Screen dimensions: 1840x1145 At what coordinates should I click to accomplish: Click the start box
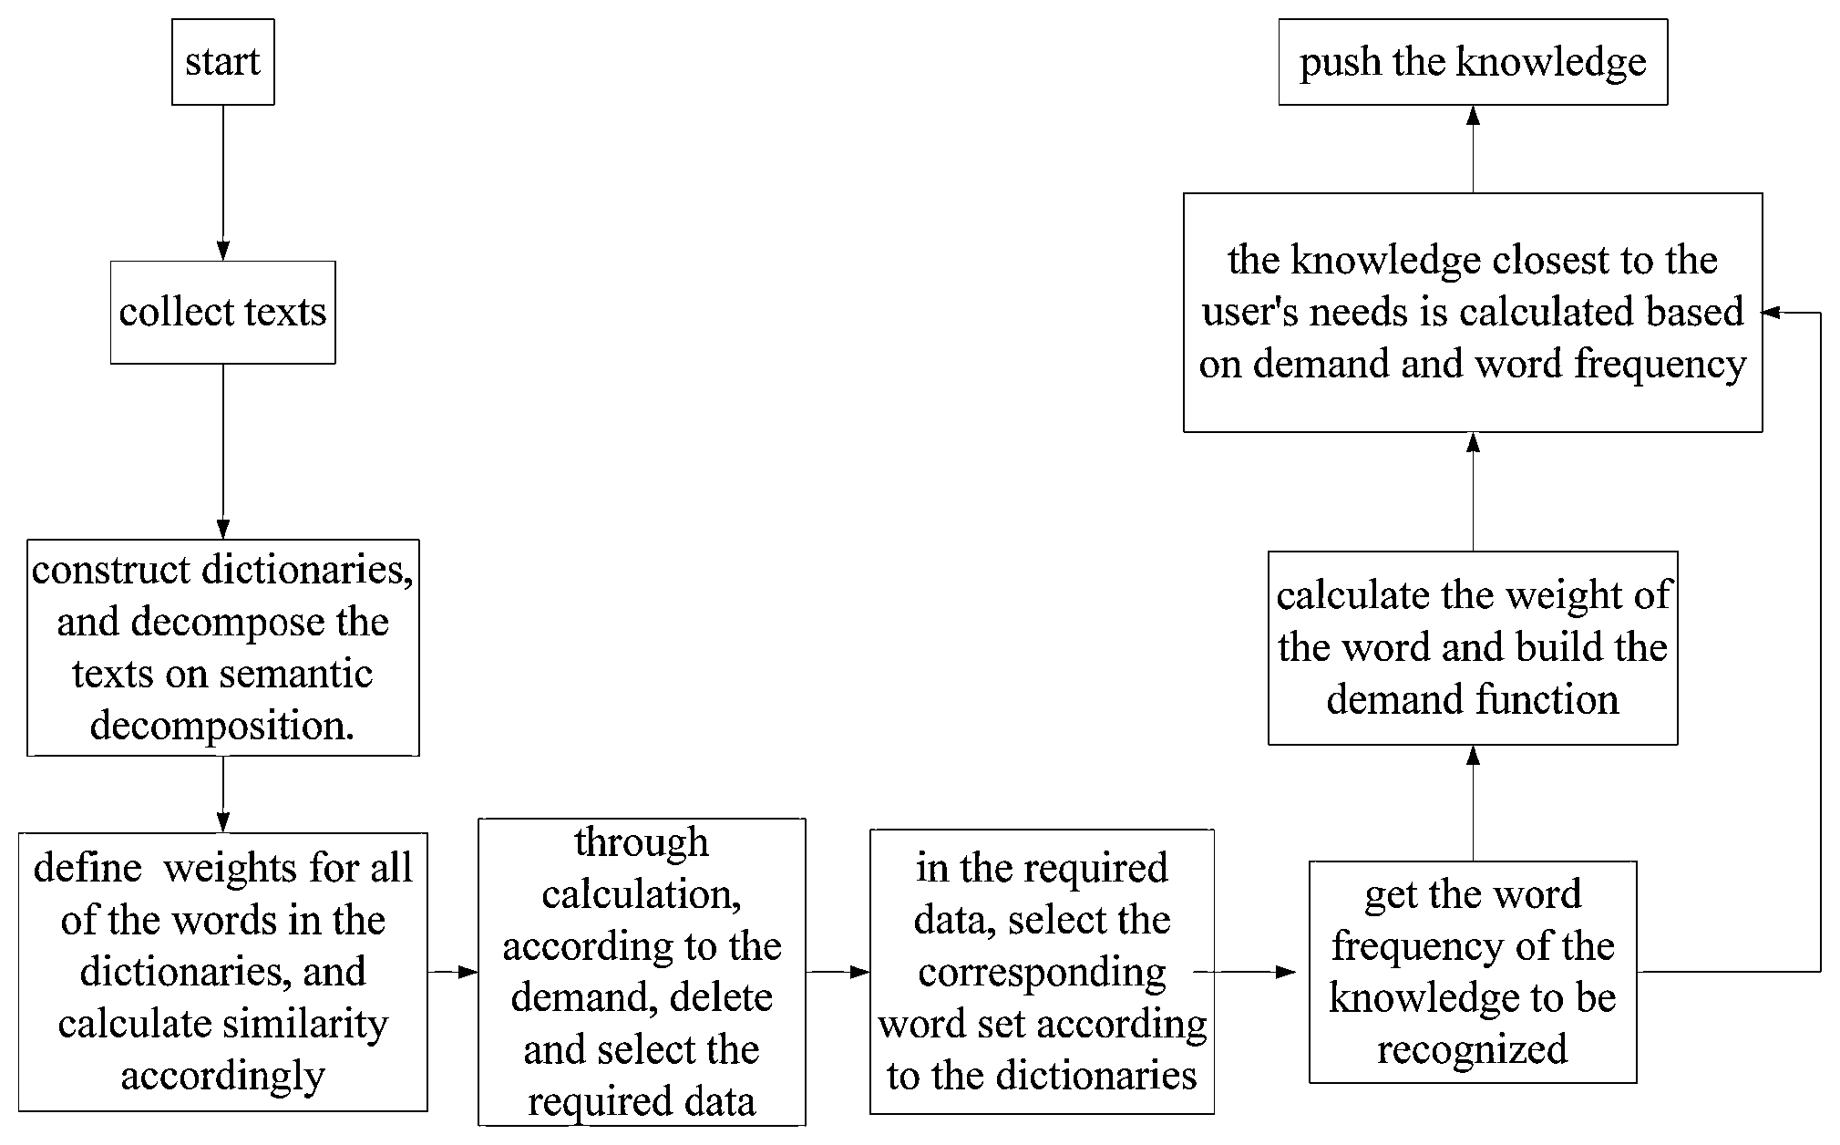point(223,62)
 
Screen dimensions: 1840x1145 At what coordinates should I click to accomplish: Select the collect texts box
point(223,313)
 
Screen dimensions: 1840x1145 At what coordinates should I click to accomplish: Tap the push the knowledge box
point(1473,62)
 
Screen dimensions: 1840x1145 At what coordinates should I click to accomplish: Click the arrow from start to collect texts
point(223,183)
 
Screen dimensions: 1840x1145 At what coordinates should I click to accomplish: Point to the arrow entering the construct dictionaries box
point(223,451)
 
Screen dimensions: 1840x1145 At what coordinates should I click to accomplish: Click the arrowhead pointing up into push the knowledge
point(1473,115)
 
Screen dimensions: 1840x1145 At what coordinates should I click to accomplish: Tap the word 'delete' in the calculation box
point(721,997)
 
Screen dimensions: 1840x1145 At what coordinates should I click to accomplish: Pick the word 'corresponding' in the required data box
point(1042,973)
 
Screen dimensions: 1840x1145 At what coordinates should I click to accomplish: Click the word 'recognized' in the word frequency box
point(1473,1050)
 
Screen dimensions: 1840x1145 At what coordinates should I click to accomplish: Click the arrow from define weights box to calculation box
point(453,972)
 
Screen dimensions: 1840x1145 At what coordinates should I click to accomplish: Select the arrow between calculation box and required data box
point(838,972)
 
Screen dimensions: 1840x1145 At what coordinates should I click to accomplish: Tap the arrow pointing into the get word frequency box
point(1245,972)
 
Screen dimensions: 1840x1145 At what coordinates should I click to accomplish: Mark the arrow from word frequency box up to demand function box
point(1473,803)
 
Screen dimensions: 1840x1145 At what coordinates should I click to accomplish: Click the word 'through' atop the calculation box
point(642,842)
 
